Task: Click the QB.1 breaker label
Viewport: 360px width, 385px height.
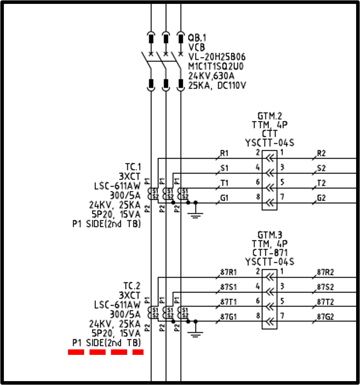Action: coord(197,38)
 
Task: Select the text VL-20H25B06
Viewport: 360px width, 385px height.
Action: coord(217,57)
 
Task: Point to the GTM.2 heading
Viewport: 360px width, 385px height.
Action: coord(270,116)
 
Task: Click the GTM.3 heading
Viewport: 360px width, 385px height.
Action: coord(270,235)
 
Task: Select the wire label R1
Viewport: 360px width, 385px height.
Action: coord(224,153)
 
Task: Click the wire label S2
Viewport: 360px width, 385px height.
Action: coord(321,168)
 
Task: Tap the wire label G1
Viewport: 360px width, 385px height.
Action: coord(224,198)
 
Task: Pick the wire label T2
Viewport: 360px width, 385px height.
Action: coord(321,183)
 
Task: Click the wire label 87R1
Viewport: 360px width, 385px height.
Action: coord(229,272)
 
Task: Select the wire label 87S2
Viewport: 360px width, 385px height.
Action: coord(326,287)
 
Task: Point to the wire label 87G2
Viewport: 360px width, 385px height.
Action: coord(326,317)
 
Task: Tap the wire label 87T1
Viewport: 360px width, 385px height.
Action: coord(229,302)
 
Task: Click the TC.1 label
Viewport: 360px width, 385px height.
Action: coord(132,167)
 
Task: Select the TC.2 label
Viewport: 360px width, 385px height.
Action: coord(132,286)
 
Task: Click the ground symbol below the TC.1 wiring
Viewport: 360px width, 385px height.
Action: coord(196,214)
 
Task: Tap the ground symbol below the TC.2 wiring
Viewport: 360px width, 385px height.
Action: coord(196,333)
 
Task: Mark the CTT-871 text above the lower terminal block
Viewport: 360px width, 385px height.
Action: coord(270,253)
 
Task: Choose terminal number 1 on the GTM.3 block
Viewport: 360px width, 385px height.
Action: coord(282,271)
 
